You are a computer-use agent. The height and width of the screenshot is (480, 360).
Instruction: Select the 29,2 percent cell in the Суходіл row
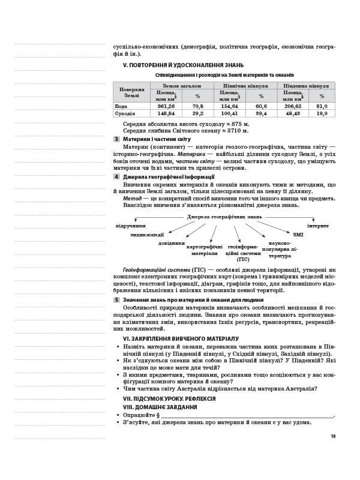197,113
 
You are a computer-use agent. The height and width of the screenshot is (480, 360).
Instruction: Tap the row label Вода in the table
121,106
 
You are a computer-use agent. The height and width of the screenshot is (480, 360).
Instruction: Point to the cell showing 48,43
293,113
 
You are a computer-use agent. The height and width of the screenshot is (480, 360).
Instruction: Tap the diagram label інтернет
318,226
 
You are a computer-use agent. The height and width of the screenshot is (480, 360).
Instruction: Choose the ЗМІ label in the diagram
298,234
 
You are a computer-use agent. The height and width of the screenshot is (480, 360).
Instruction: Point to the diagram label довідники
172,243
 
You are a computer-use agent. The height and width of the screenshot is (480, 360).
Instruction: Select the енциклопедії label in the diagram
147,235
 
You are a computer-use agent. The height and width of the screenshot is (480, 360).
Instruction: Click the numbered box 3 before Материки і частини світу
116,139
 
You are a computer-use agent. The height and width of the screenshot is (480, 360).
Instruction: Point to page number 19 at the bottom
332,436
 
